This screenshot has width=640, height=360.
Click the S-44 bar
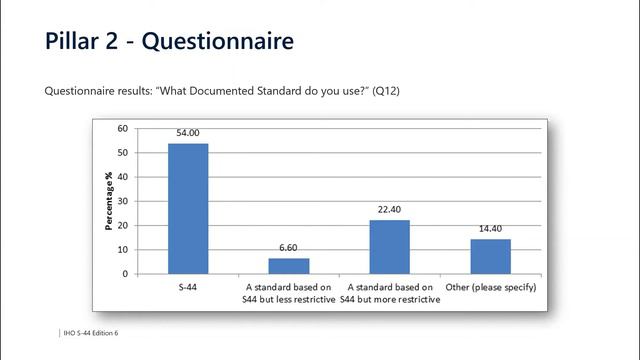[x=188, y=208]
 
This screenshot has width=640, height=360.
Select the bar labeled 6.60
[x=288, y=265]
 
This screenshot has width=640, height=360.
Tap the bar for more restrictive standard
[x=389, y=246]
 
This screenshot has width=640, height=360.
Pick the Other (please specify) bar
[x=490, y=256]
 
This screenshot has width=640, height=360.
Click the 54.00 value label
[x=188, y=134]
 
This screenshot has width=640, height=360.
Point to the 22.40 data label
[x=389, y=210]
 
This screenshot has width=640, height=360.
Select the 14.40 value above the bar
[x=490, y=229]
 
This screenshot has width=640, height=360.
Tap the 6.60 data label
[x=288, y=248]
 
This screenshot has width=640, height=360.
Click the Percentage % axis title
[x=108, y=202]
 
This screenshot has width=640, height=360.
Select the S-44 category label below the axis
[x=188, y=287]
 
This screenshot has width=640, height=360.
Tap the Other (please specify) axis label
[x=490, y=287]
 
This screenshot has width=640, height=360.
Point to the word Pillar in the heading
[x=73, y=41]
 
